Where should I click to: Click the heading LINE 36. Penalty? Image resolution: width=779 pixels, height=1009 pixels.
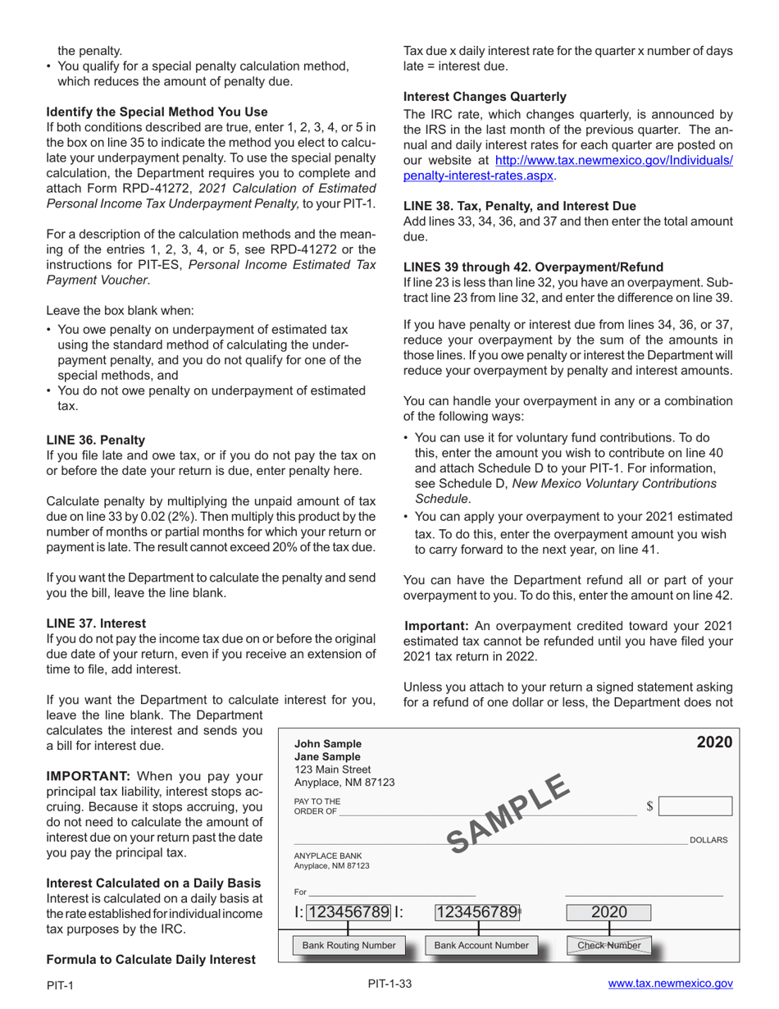[95, 440]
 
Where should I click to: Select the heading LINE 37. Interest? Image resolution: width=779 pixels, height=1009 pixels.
[96, 623]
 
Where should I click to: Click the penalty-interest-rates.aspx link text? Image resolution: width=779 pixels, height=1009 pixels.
[480, 176]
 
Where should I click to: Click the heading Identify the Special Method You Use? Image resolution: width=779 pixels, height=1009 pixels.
[157, 112]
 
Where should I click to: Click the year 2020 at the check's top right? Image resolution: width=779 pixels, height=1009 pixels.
[713, 742]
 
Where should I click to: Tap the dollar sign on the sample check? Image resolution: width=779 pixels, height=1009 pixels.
[649, 807]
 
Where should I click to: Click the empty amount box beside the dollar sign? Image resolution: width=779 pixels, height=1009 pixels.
[695, 807]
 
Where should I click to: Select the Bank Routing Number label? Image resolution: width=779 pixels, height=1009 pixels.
[348, 945]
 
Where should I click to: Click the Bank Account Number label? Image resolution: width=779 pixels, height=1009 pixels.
[481, 945]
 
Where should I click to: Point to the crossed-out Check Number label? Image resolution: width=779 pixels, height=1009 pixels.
[608, 945]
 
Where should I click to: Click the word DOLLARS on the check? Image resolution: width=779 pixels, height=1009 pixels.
[708, 840]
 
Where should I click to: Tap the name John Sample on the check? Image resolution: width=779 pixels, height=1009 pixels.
[327, 744]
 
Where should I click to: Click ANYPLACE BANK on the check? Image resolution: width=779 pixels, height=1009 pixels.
[327, 855]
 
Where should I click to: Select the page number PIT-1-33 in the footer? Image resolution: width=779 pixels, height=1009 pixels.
[389, 984]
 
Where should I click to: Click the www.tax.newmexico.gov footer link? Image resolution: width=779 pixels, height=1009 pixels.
[670, 984]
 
